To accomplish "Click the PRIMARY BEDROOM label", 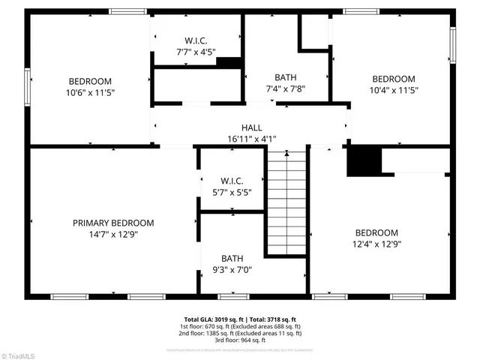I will [113, 223].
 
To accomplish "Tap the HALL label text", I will [251, 127].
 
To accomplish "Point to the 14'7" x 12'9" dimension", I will [113, 234].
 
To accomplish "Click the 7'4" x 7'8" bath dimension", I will [285, 89].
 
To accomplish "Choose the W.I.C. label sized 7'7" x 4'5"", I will [196, 40].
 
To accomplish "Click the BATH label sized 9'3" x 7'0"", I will [232, 259].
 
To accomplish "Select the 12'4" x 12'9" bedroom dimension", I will [376, 244].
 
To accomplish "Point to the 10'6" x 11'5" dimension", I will [91, 92].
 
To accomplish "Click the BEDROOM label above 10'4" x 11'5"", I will [394, 79].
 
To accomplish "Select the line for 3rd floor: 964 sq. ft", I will [240, 341].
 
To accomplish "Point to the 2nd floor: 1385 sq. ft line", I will [240, 334].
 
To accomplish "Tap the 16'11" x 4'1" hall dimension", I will [251, 139].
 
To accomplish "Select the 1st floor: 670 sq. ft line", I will [240, 326].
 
